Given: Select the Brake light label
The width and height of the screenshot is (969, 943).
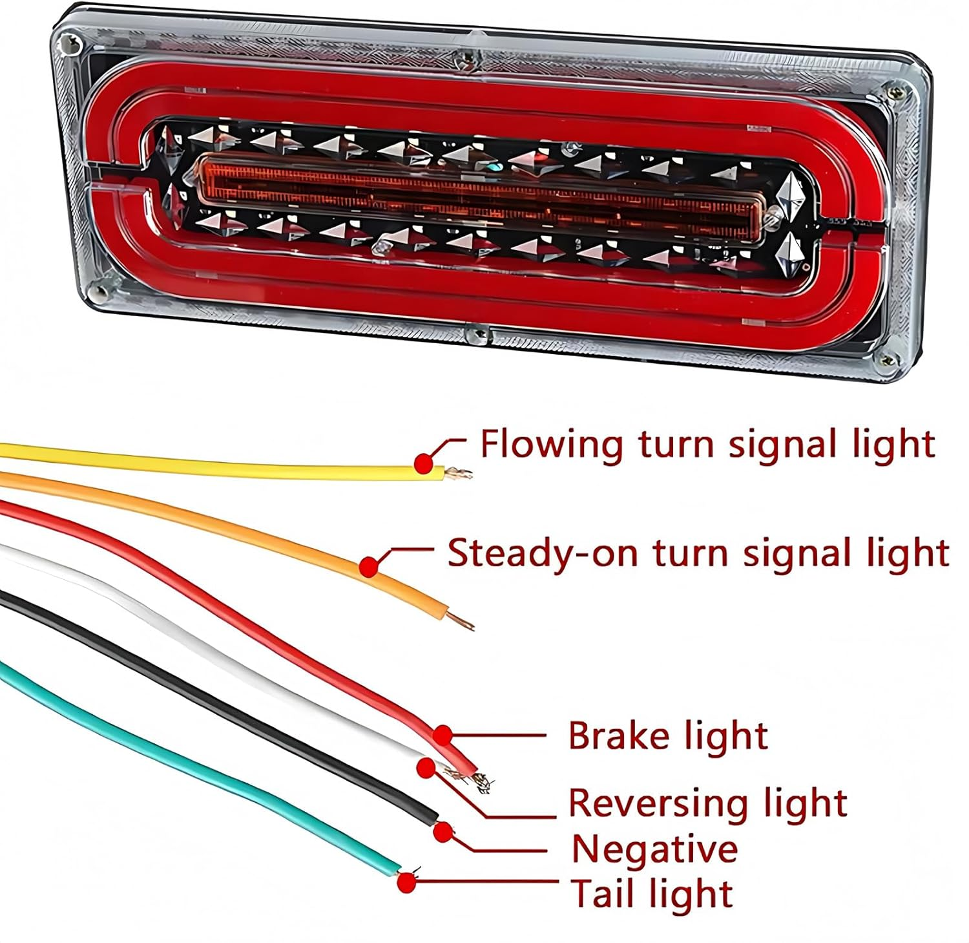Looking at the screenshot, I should coord(667,736).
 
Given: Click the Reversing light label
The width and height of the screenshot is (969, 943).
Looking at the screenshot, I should coord(707,803).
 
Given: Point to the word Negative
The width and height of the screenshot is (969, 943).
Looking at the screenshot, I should coord(654,849).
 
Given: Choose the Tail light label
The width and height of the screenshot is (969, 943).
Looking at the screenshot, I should coord(651,894).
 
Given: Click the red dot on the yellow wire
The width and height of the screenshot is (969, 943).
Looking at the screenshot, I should coord(423,462).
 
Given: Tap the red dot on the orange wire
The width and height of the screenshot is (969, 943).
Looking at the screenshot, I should coord(369,567).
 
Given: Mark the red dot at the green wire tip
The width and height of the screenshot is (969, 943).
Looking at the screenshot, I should coord(406,882).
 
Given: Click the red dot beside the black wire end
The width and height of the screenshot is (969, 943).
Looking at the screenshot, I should coord(443,832).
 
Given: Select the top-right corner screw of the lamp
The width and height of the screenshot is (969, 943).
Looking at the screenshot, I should coord(894,91).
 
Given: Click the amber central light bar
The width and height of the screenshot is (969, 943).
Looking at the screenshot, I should coord(478,194).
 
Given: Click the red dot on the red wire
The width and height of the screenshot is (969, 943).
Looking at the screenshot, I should coord(443,735).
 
